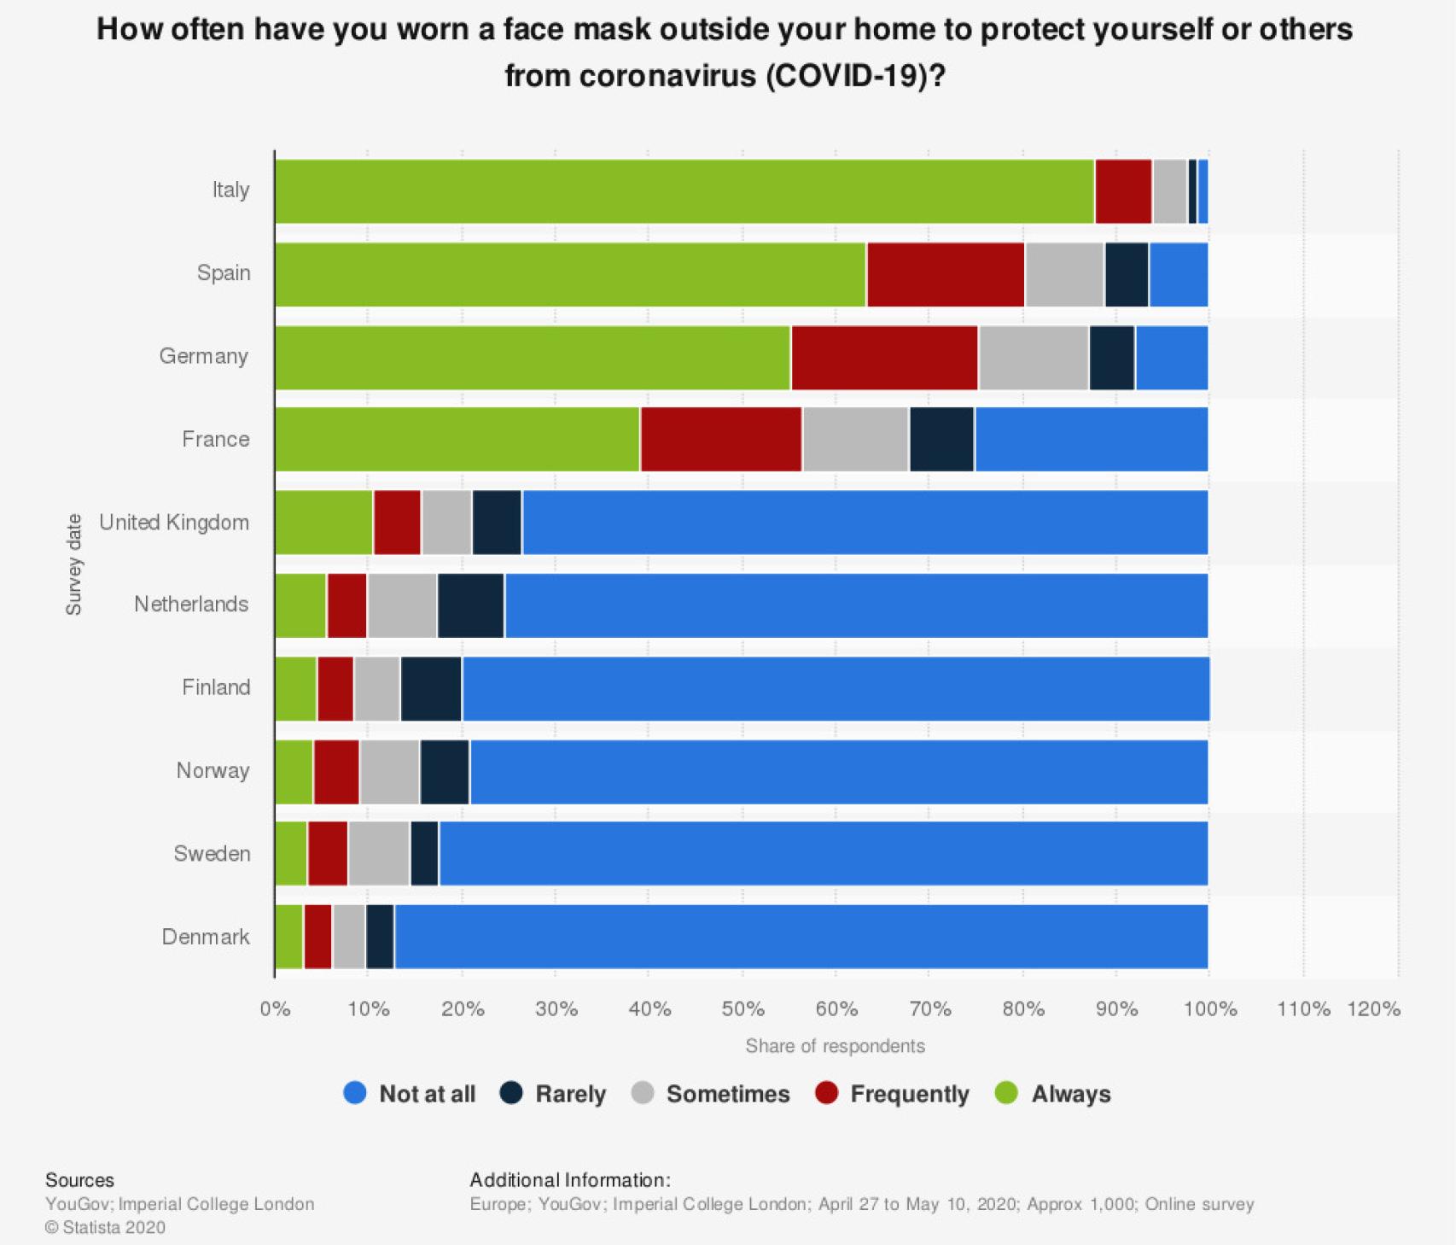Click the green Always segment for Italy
click(684, 191)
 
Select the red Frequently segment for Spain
click(946, 274)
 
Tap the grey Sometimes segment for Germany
click(1034, 358)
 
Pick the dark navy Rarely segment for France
click(941, 439)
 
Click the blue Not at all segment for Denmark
click(801, 937)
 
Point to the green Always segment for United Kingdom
click(323, 523)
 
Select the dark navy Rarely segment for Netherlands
click(471, 605)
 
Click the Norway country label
click(213, 770)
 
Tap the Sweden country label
click(212, 853)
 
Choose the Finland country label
click(216, 687)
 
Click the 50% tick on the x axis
click(743, 1009)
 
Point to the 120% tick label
click(1373, 1009)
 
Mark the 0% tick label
click(275, 1009)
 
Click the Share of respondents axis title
click(835, 1046)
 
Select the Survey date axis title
click(74, 564)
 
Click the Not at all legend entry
click(410, 1094)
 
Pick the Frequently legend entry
click(893, 1094)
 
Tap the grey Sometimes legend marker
click(643, 1093)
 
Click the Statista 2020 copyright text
click(105, 1227)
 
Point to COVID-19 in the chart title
click(845, 76)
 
